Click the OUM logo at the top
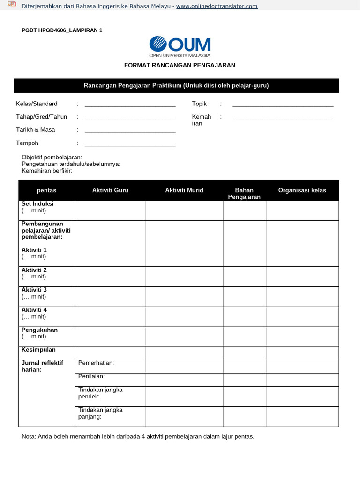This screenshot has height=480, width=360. point(180,46)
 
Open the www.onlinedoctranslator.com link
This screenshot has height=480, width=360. point(217,6)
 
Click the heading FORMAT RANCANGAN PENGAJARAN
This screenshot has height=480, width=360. point(180,66)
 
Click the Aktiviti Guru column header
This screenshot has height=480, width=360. point(110,190)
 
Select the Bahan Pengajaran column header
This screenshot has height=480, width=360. point(244,193)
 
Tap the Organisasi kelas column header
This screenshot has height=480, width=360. point(302,190)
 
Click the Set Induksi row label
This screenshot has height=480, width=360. point(37,204)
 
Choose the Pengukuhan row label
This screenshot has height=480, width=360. point(39,330)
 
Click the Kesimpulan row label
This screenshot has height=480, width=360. point(38,350)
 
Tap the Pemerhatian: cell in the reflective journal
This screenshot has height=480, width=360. point(96,363)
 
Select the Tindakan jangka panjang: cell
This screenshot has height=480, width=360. point(100,413)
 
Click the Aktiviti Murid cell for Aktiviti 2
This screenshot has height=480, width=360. point(184,277)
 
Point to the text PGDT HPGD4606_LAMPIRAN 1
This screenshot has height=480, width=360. point(62,30)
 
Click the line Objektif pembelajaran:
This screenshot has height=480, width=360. point(52,157)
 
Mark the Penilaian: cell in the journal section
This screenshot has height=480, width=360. point(91,376)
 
